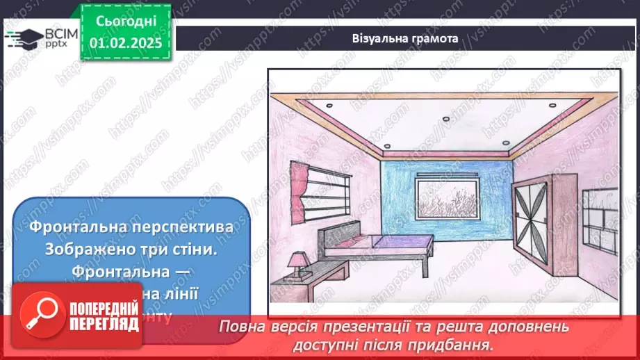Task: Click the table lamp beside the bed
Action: [x=300, y=261]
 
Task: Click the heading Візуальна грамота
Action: [x=404, y=39]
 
